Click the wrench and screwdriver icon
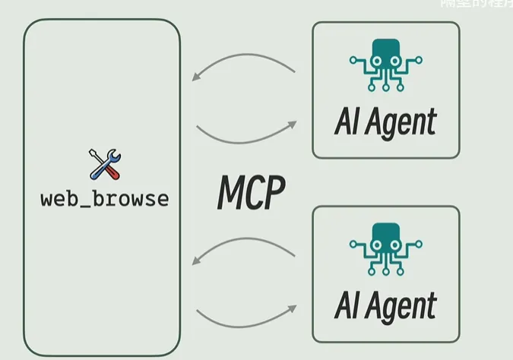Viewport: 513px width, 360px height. (105, 165)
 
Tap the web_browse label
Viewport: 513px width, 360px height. (105, 200)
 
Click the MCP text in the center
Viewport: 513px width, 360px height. (251, 194)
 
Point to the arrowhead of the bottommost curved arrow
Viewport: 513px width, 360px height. (292, 308)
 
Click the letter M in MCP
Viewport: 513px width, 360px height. (230, 194)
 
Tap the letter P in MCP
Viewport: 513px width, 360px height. (274, 194)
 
